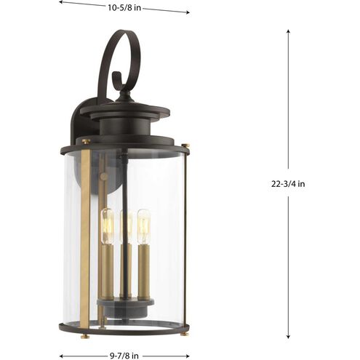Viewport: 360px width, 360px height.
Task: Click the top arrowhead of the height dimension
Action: (288, 33)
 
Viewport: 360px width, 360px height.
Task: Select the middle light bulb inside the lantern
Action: (126, 227)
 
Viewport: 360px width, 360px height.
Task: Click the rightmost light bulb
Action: (143, 225)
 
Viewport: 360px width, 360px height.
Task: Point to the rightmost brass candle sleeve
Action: (144, 269)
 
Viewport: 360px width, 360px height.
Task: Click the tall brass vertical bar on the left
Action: (86, 233)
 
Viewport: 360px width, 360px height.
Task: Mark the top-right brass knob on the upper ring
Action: (183, 145)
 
